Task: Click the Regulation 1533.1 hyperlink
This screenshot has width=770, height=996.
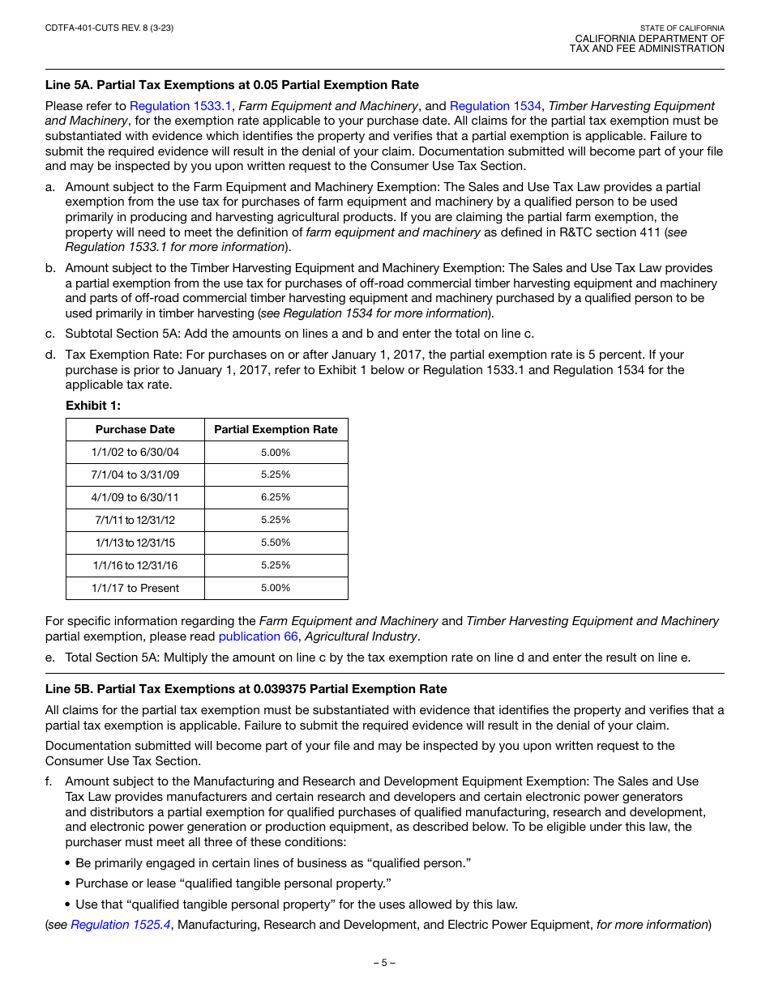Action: tap(181, 106)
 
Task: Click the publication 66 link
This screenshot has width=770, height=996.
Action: tap(259, 636)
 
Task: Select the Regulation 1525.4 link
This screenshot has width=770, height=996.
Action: tap(121, 925)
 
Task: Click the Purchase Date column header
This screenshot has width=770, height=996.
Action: tap(135, 429)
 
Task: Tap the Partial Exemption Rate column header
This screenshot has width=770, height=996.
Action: tap(276, 429)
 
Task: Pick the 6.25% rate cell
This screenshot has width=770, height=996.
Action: tap(276, 497)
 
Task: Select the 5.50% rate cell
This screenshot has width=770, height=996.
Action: tap(276, 543)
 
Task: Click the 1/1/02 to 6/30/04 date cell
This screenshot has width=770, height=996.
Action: tap(135, 452)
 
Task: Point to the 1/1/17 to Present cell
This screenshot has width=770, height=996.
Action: tap(135, 588)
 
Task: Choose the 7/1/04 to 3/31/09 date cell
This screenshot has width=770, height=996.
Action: tap(135, 475)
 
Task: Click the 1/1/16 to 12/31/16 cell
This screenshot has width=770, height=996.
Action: tap(135, 565)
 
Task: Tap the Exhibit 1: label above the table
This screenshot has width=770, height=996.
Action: tap(93, 406)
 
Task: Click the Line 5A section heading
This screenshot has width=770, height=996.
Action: tap(232, 85)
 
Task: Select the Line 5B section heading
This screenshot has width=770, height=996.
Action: tap(246, 689)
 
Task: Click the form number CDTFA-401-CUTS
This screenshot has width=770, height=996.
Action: tap(109, 28)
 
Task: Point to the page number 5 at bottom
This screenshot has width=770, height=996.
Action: tap(384, 963)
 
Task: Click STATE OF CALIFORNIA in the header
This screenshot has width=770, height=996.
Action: tap(682, 28)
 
